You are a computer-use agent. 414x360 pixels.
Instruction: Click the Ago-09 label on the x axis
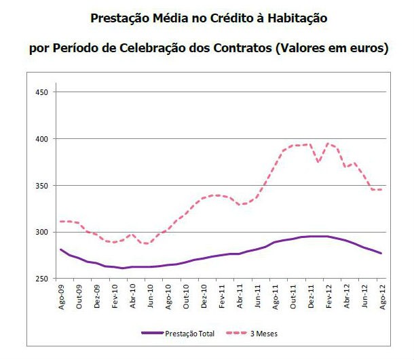(x=62, y=296)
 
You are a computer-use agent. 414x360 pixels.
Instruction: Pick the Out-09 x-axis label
(x=79, y=296)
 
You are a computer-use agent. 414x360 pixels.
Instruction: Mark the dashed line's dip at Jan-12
(x=318, y=163)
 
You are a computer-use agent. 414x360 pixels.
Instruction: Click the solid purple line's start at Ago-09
(x=61, y=249)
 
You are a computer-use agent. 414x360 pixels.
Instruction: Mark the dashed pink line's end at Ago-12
(x=380, y=190)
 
